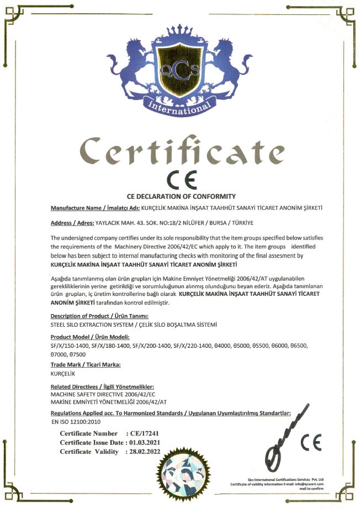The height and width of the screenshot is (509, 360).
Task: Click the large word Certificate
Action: coord(180,151)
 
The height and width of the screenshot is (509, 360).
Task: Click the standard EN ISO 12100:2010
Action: coord(73,422)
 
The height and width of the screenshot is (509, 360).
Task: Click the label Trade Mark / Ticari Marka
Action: coord(86,365)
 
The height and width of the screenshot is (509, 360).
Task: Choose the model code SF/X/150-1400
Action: coord(69,346)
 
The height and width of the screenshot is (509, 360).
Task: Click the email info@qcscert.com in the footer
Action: coord(310,484)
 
